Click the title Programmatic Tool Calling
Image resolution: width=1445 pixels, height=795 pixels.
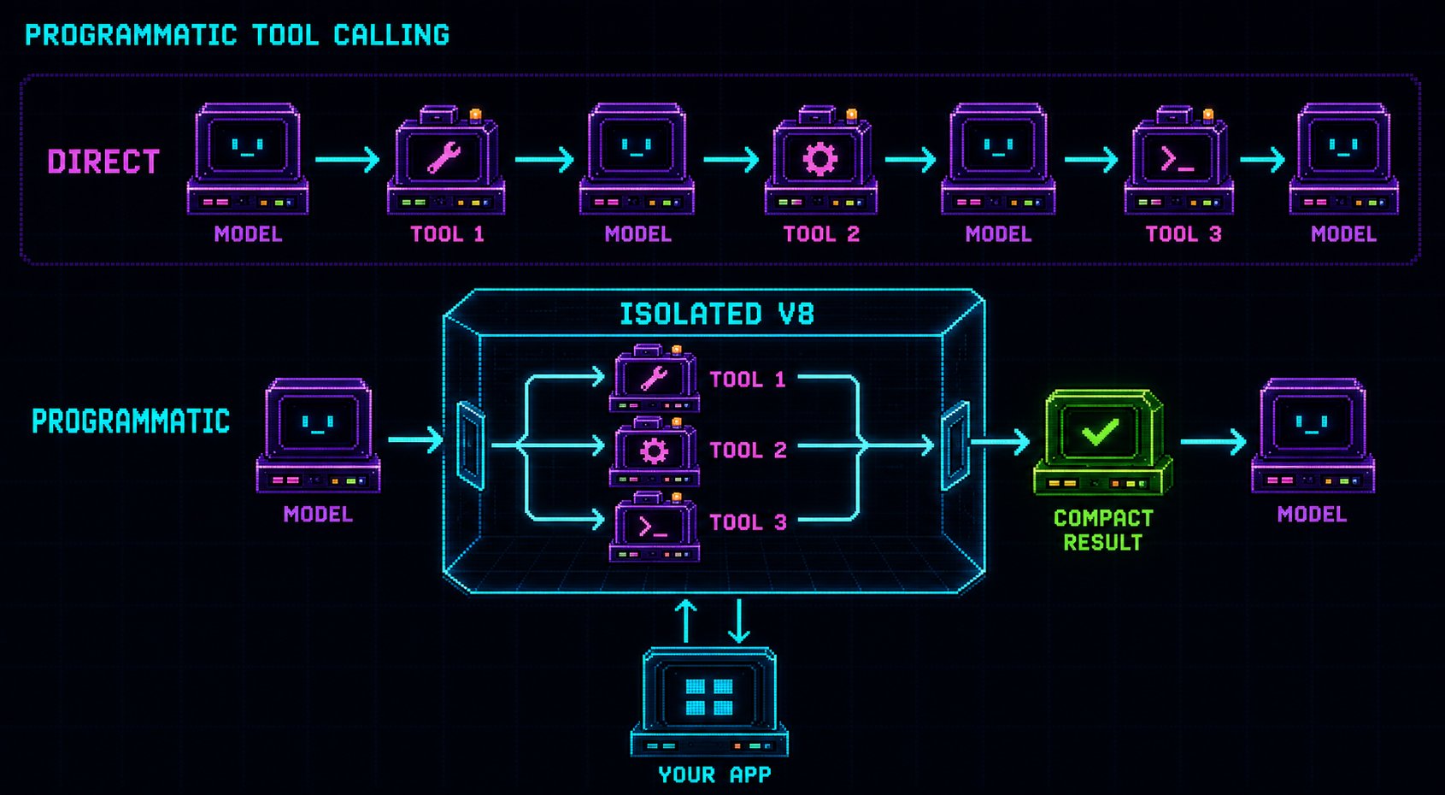(x=237, y=35)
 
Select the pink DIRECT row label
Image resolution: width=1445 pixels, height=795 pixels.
(x=103, y=162)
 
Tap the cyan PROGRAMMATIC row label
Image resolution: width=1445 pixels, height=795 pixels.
(x=131, y=421)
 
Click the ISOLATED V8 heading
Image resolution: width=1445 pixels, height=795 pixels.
(x=717, y=315)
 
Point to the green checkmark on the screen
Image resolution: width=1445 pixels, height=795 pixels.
(x=1101, y=432)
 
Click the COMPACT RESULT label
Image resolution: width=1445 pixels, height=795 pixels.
(x=1103, y=530)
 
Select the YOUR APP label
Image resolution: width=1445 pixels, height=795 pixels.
(x=714, y=774)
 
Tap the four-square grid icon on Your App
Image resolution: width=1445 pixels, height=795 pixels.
(x=709, y=697)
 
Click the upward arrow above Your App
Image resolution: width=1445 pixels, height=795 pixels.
(x=685, y=621)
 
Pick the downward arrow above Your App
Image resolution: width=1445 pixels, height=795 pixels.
(x=738, y=621)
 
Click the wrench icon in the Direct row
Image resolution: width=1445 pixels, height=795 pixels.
(x=443, y=157)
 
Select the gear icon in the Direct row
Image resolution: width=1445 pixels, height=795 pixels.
(x=819, y=159)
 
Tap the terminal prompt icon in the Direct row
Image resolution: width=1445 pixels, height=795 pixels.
(x=1177, y=159)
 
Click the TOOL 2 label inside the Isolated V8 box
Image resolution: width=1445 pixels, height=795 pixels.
(x=749, y=450)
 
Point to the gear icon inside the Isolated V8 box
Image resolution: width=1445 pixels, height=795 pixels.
(x=654, y=451)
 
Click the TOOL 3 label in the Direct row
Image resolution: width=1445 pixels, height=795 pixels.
(x=1184, y=233)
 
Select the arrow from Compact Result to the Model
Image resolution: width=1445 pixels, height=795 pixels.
(x=1213, y=442)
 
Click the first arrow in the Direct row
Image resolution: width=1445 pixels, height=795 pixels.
(x=347, y=159)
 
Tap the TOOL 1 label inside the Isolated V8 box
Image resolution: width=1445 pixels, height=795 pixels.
(x=748, y=379)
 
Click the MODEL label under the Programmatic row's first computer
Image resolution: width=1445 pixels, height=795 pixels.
(x=318, y=515)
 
